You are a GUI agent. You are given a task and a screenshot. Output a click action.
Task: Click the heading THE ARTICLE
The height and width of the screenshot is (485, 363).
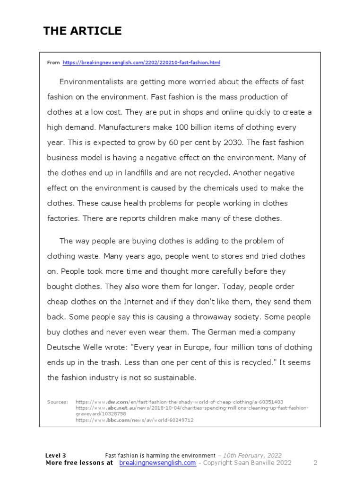pyautogui.click(x=82, y=31)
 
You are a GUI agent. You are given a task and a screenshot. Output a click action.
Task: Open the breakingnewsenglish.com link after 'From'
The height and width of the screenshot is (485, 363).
pyautogui.click(x=141, y=63)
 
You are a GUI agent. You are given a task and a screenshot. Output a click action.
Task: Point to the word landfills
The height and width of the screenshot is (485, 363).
pyautogui.click(x=132, y=173)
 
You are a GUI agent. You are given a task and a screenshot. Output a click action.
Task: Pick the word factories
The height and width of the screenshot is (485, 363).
pyautogui.click(x=63, y=218)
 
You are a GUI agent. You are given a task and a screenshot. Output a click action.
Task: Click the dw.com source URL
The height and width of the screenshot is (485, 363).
pyautogui.click(x=179, y=402)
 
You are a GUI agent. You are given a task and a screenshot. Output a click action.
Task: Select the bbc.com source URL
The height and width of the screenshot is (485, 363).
pyautogui.click(x=134, y=420)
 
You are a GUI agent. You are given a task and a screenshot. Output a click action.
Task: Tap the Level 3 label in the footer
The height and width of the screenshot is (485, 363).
pyautogui.click(x=56, y=455)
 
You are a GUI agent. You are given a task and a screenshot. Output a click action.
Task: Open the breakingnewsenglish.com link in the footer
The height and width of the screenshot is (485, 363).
pyautogui.click(x=157, y=463)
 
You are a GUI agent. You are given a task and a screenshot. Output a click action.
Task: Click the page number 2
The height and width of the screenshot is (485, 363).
pyautogui.click(x=315, y=463)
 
